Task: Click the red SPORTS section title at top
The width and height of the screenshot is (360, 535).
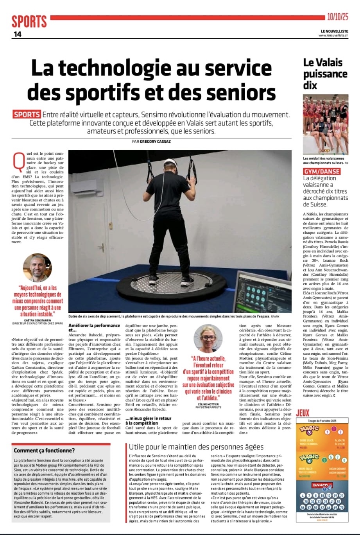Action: [29, 21]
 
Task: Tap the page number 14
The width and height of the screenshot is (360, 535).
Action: [18, 34]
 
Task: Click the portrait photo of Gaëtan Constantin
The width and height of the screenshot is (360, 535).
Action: [38, 268]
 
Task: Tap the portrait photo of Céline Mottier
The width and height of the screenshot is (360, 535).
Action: [208, 338]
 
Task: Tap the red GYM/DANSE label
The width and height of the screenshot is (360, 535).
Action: [322, 171]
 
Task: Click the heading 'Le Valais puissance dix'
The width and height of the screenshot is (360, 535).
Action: [325, 74]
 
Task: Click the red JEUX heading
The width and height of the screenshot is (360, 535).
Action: [303, 413]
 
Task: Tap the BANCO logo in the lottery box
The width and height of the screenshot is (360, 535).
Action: [322, 485]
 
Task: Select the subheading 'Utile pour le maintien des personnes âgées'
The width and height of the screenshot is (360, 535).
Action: [196, 447]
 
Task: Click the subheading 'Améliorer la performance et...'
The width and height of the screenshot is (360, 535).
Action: [94, 328]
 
